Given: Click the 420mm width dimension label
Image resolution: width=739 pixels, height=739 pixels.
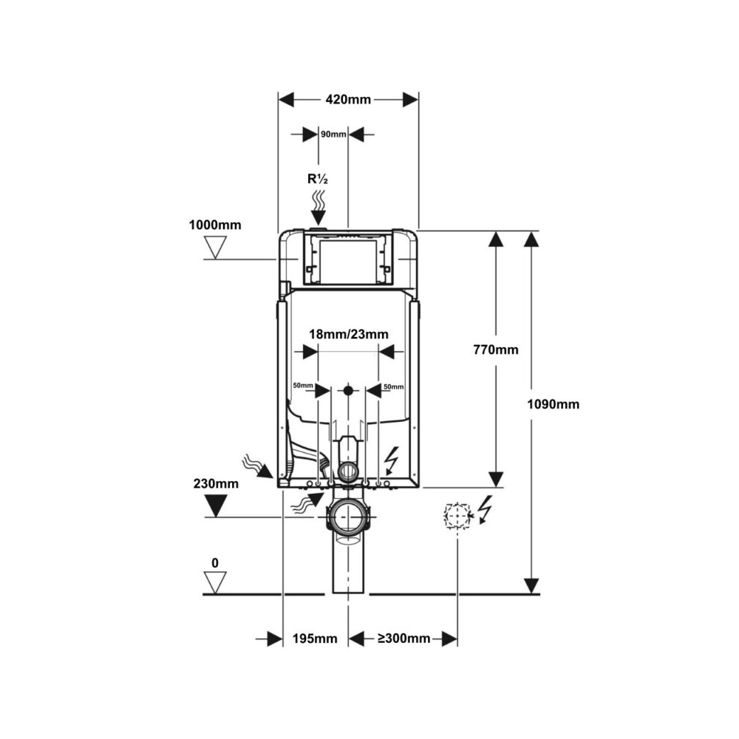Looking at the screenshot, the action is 348,100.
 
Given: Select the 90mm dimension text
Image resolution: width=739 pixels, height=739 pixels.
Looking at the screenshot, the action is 333,134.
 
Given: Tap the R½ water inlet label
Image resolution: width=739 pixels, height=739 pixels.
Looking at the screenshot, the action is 317,179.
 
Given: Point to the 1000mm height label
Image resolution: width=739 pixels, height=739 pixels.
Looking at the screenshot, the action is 215,225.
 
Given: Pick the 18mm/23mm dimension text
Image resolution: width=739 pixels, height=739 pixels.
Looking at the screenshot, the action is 349,334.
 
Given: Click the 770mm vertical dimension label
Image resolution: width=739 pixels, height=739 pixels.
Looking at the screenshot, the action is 496,350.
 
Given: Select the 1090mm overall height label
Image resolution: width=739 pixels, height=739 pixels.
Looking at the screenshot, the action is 554,404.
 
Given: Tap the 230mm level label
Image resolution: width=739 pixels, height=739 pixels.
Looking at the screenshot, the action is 216,483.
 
